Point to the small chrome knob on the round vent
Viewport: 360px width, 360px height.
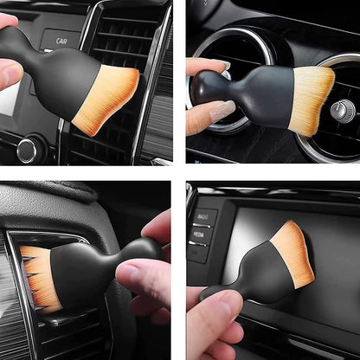point(343,110)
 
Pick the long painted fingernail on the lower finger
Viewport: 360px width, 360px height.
point(222,111)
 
